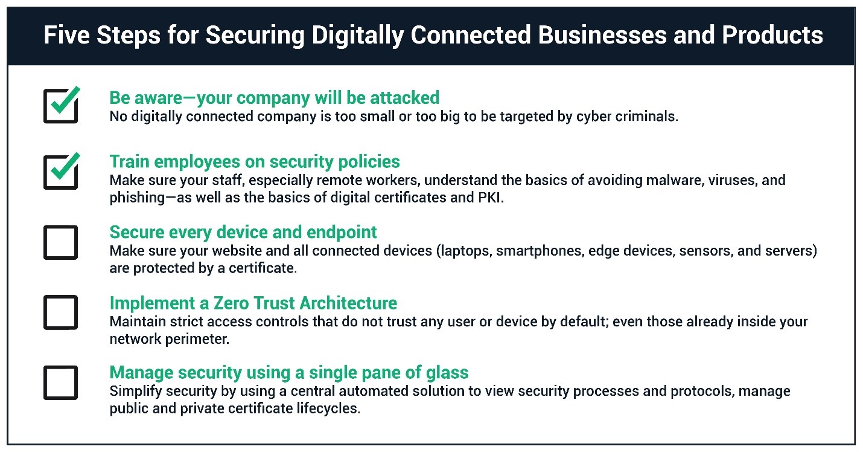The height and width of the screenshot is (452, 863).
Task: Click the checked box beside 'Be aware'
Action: click(x=61, y=106)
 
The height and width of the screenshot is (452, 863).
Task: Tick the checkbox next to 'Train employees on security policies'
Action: click(x=61, y=172)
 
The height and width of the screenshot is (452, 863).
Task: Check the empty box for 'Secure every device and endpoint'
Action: click(x=61, y=242)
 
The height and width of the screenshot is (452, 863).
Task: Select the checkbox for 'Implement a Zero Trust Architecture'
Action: click(x=61, y=312)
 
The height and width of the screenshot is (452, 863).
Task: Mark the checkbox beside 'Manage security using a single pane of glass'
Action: click(x=61, y=383)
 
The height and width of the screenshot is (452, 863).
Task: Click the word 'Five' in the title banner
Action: click(x=66, y=35)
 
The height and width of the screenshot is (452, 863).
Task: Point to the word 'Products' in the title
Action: click(x=772, y=35)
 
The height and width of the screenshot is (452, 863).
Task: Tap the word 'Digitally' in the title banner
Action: click(x=357, y=36)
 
